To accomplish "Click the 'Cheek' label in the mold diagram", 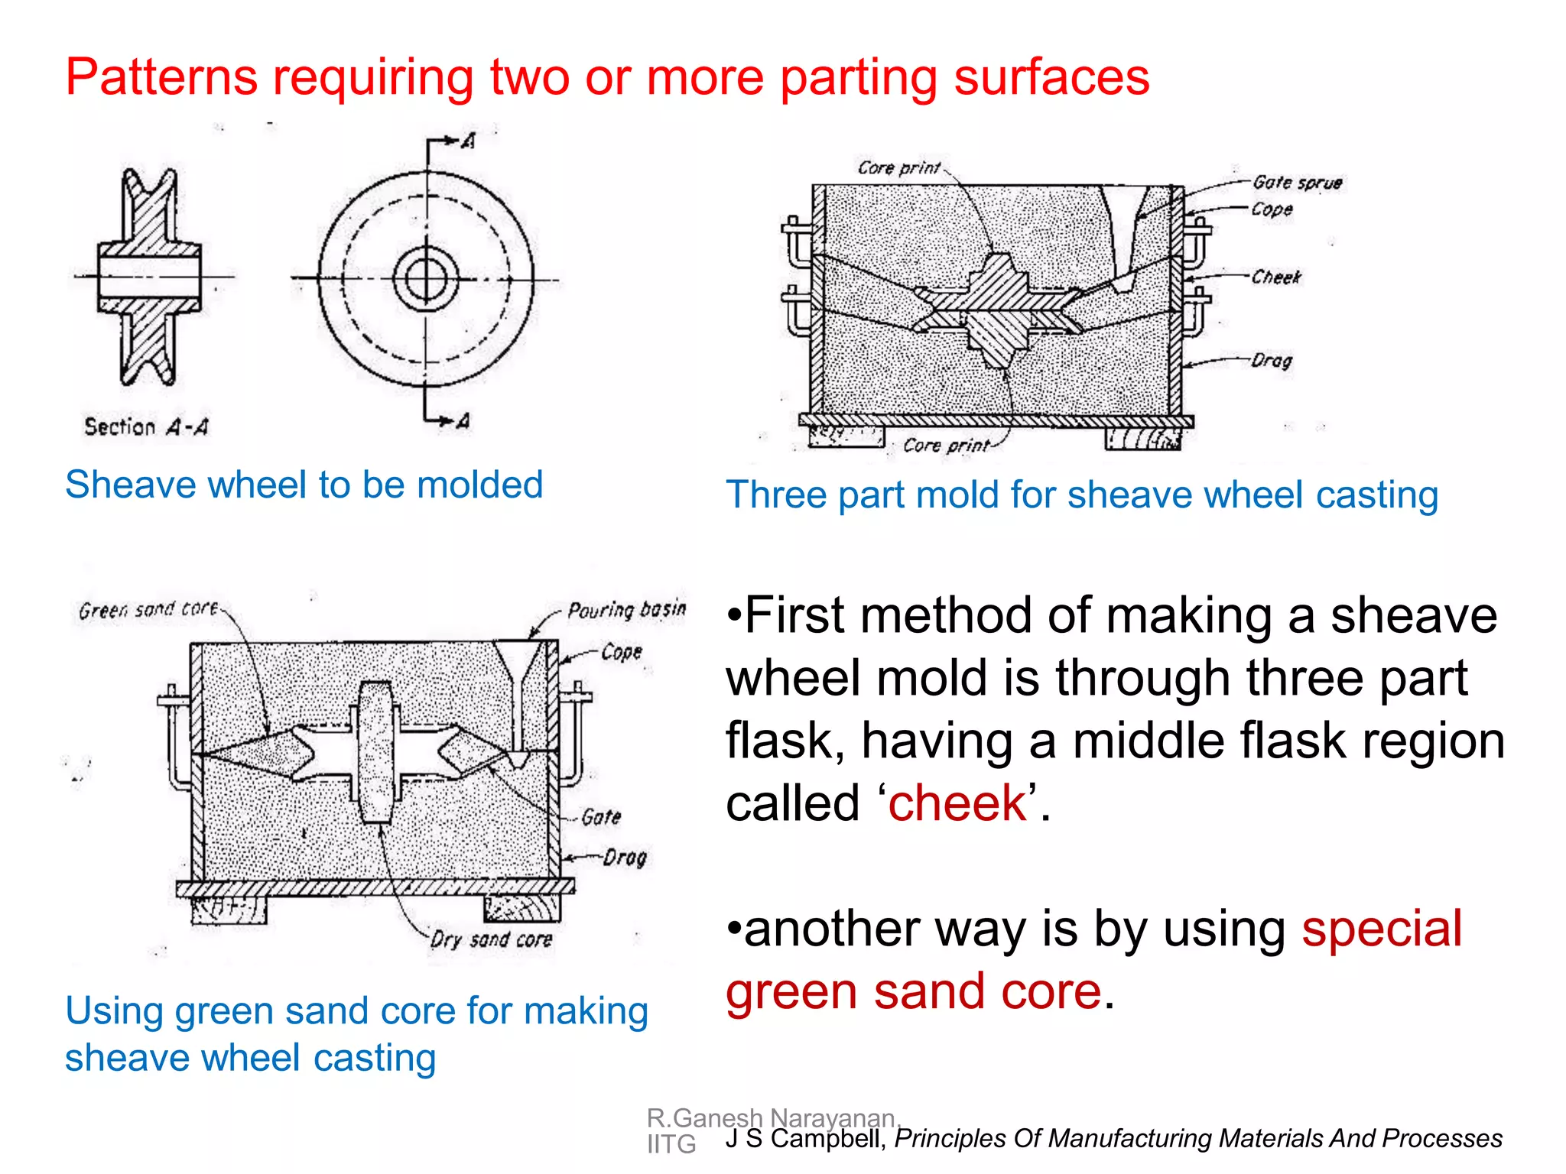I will pos(1275,277).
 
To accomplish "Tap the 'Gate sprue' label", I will pos(1297,183).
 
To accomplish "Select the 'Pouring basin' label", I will pos(626,609).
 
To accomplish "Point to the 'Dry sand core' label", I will pos(491,939).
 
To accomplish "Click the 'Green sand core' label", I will pos(148,610).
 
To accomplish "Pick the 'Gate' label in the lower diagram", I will pos(601,817).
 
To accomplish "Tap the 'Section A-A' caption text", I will pos(145,426).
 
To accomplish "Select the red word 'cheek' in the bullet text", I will pos(957,803).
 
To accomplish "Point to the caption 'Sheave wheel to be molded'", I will pos(304,485).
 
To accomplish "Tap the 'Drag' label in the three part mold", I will pos(1271,360).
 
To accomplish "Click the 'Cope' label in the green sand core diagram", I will pos(621,652).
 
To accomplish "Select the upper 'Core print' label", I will pos(898,167).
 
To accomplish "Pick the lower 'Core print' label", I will pos(945,445).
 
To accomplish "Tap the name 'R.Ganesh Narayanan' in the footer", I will pos(771,1118).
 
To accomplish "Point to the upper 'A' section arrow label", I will pos(469,141).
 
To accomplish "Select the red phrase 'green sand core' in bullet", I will pos(914,992).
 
